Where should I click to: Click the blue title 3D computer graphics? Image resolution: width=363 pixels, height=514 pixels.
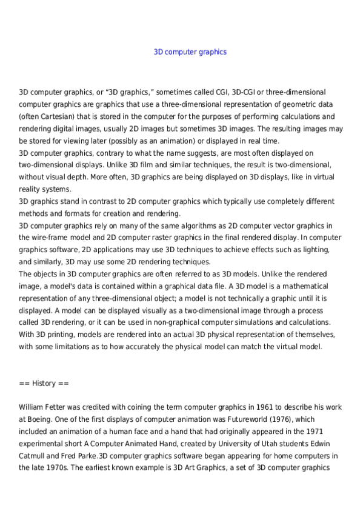coord(190,52)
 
